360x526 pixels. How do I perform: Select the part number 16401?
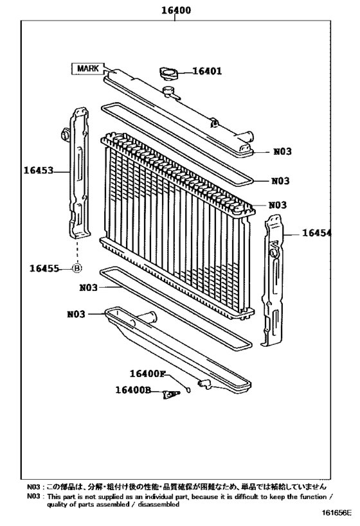pyautogui.click(x=207, y=71)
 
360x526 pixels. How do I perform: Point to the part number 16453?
pyautogui.click(x=38, y=171)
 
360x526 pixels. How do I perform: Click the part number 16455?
pyautogui.click(x=44, y=268)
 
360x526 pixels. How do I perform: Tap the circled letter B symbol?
pyautogui.click(x=77, y=268)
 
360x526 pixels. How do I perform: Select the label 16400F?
pyautogui.click(x=147, y=374)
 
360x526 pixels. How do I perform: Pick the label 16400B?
pyautogui.click(x=133, y=390)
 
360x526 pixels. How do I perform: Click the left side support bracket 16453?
pyautogui.click(x=79, y=173)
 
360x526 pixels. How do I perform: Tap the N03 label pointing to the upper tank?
pyautogui.click(x=282, y=152)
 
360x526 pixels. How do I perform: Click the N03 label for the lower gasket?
pyautogui.click(x=89, y=288)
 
